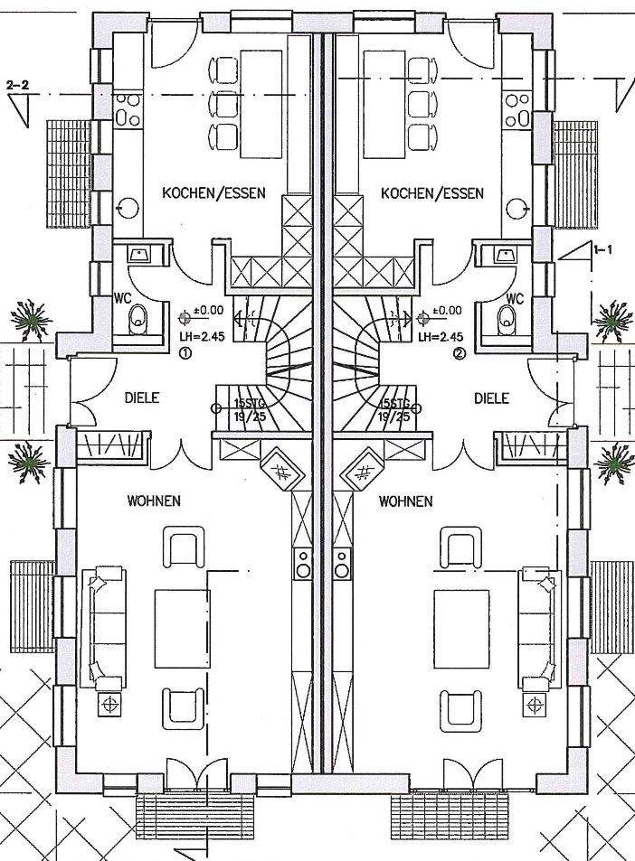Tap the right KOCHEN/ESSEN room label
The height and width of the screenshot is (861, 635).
click(432, 192)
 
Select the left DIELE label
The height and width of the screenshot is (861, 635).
click(141, 398)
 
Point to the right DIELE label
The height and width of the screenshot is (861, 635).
click(491, 398)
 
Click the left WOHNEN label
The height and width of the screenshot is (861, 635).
click(154, 500)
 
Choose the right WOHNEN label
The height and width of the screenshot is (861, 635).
click(405, 500)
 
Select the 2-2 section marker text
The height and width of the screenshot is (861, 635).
click(17, 84)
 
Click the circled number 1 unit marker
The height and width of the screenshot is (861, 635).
click(185, 353)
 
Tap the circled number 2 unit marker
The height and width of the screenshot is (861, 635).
click(459, 353)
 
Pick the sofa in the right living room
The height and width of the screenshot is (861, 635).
click(536, 625)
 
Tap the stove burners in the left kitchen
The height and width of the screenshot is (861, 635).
click(128, 109)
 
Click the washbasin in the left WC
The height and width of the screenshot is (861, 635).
click(140, 255)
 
